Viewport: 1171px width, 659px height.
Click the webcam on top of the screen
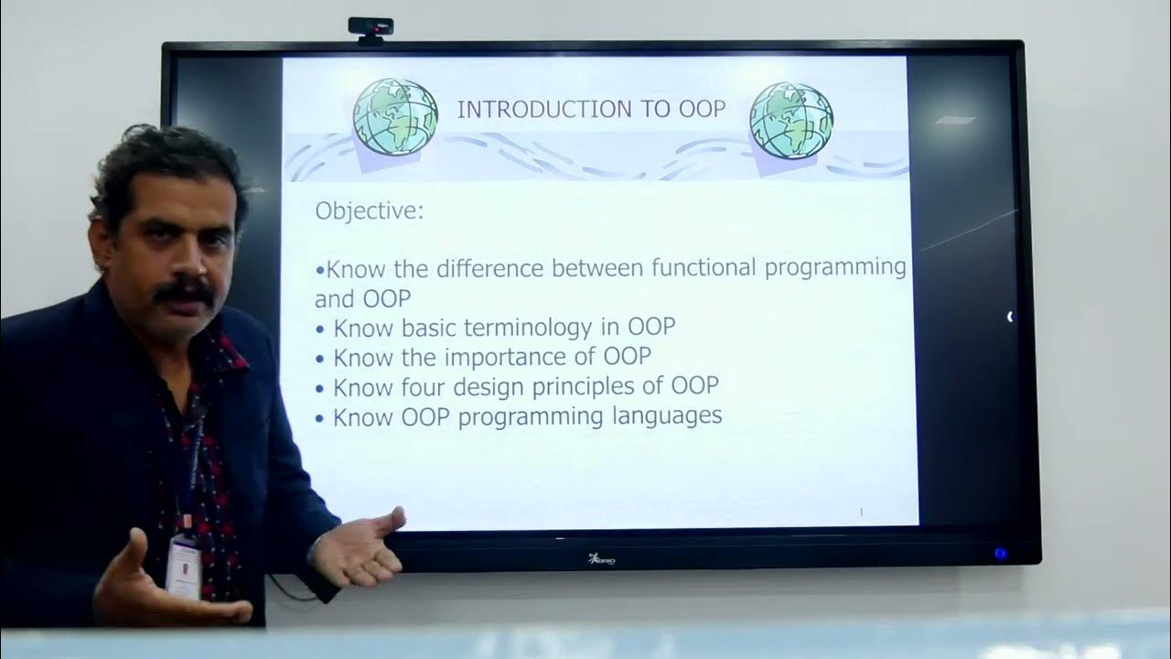pos(371,28)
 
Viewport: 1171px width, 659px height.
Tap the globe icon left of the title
pos(395,117)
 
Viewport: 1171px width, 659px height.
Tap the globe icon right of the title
pos(791,120)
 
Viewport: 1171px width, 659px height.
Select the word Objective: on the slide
pos(370,211)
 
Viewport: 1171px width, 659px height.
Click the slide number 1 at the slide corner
pos(861,512)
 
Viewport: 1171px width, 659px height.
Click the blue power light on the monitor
pos(1000,553)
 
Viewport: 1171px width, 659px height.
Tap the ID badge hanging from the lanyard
pos(184,567)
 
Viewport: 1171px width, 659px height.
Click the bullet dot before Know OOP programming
pos(320,418)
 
